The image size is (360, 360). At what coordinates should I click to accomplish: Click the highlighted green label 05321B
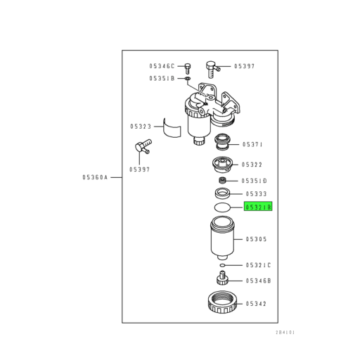coord(258,206)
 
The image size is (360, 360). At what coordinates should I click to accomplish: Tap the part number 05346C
coord(162,66)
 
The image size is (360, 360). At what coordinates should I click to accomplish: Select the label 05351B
coord(162,78)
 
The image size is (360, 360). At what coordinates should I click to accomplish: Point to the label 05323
coord(141,127)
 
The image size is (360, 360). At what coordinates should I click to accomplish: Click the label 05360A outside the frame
coord(95,177)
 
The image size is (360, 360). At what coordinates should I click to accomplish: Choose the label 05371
coord(252,144)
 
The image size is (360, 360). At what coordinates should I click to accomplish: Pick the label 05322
coord(252,165)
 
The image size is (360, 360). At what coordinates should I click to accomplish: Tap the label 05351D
coord(254,181)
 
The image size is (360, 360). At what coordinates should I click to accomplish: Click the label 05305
coord(256,239)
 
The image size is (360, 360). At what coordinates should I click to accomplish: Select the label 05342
coord(256,304)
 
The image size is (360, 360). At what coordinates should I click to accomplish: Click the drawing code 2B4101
coord(285,333)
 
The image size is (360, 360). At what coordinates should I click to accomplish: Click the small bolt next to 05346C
coord(188,68)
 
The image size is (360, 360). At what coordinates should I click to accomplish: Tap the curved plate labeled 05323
coord(172,128)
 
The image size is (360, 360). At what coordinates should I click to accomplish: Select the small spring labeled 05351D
coord(222,181)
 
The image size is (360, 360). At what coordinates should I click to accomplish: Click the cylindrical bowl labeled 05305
coord(222,238)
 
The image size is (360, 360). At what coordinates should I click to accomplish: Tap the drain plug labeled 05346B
coord(222,278)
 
